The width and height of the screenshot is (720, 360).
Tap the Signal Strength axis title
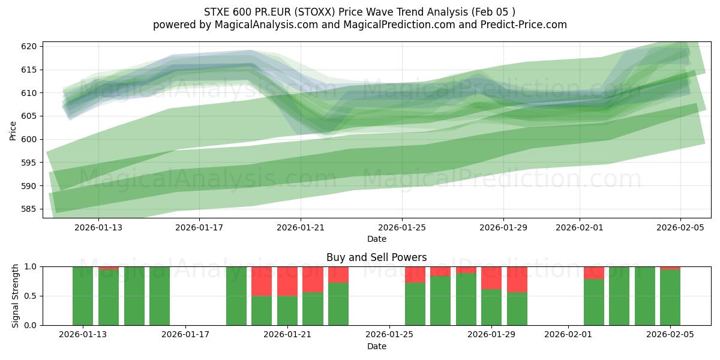click(x=16, y=296)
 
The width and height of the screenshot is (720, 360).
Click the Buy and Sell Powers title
click(x=376, y=257)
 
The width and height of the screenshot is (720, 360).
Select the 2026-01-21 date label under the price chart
click(x=301, y=227)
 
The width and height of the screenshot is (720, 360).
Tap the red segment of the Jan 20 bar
click(x=262, y=281)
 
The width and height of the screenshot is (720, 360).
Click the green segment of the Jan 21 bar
click(x=287, y=310)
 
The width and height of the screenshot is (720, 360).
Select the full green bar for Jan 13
click(x=83, y=296)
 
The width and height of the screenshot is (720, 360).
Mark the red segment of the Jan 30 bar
click(x=517, y=279)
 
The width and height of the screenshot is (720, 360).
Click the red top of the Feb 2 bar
click(x=594, y=272)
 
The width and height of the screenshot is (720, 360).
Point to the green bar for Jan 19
click(x=236, y=296)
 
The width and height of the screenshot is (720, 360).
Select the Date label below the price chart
click(x=376, y=239)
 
